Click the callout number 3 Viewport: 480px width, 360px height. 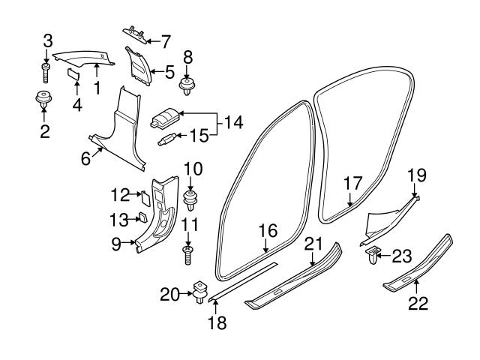[x=48, y=39]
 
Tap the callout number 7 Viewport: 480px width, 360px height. [x=166, y=39]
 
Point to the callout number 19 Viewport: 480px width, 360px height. [x=417, y=175]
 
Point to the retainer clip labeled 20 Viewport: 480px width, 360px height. [x=199, y=292]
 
